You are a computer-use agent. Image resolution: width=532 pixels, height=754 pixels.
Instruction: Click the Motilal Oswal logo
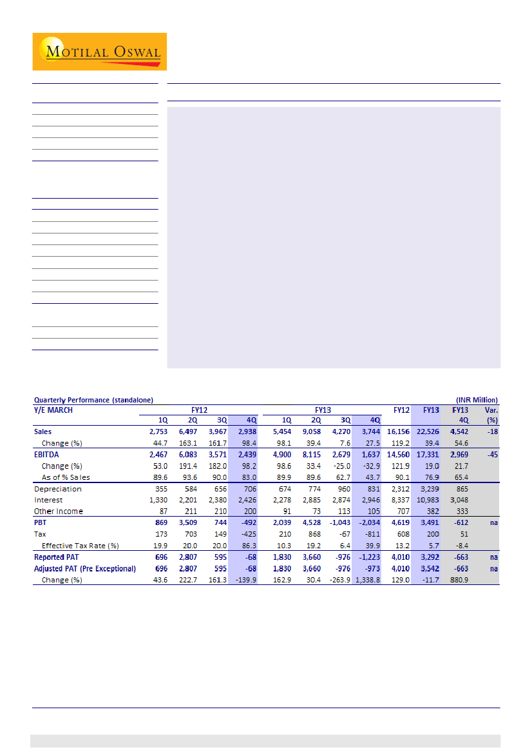[x=100, y=52]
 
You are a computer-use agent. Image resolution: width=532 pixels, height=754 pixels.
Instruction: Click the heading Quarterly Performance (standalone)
[x=93, y=400]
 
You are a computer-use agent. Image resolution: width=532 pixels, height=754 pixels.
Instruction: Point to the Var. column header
[x=491, y=409]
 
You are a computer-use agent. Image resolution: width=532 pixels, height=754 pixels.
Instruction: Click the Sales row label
[x=44, y=432]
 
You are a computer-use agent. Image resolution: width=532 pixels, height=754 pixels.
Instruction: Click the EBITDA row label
[x=46, y=455]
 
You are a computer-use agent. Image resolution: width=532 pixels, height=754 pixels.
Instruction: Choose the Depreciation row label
[x=58, y=489]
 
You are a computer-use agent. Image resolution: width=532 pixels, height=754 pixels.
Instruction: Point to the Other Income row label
[x=59, y=511]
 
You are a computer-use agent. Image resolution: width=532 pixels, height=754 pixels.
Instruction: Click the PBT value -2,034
[x=370, y=523]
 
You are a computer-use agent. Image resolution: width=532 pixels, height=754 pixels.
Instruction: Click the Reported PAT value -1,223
[x=370, y=557]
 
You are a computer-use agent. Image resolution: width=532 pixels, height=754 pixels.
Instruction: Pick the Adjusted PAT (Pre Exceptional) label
[x=85, y=568]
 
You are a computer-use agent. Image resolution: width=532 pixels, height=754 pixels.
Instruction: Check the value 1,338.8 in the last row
[x=368, y=580]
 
